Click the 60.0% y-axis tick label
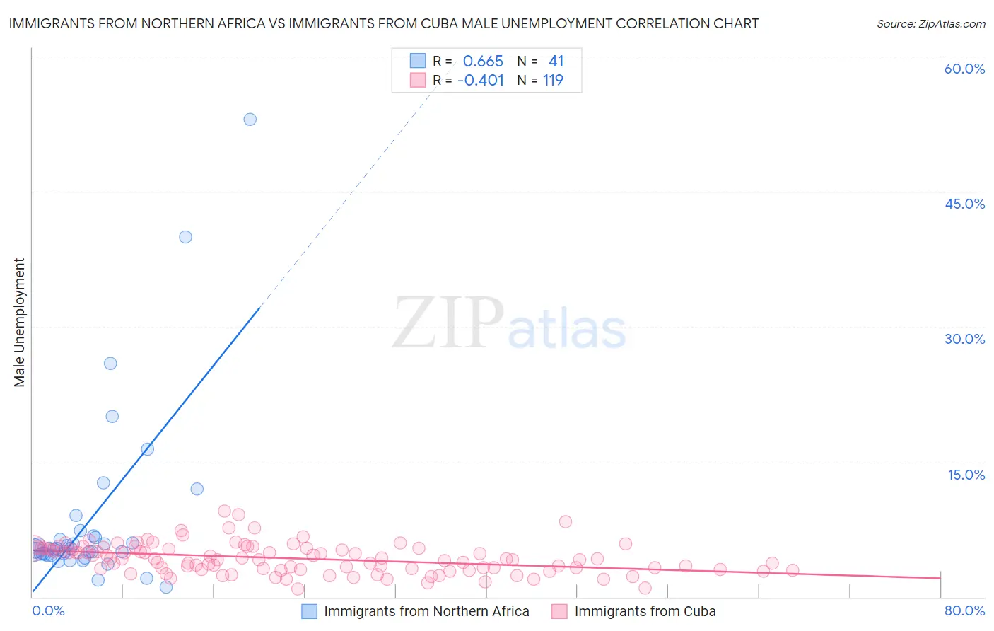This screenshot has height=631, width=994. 964,69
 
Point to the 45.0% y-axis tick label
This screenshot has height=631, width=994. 964,204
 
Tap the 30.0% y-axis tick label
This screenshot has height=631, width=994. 964,339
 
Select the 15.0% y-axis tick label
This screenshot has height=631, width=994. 966,475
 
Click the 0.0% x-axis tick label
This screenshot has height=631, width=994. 48,610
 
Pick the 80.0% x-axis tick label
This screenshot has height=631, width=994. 964,610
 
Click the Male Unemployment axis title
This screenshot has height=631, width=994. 19,323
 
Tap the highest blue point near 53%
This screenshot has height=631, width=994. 250,120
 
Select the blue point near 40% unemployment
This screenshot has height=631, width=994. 185,237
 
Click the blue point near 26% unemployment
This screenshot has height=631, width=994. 110,364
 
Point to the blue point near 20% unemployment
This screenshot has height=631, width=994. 112,417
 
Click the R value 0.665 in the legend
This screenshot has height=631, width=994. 483,61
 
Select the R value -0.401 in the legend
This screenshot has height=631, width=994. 481,80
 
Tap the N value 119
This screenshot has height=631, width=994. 553,80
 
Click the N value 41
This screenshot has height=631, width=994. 556,61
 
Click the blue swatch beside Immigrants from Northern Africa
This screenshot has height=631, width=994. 309,611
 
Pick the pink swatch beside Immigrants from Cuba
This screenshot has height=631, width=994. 560,611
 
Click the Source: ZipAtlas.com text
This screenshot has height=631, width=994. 930,23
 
